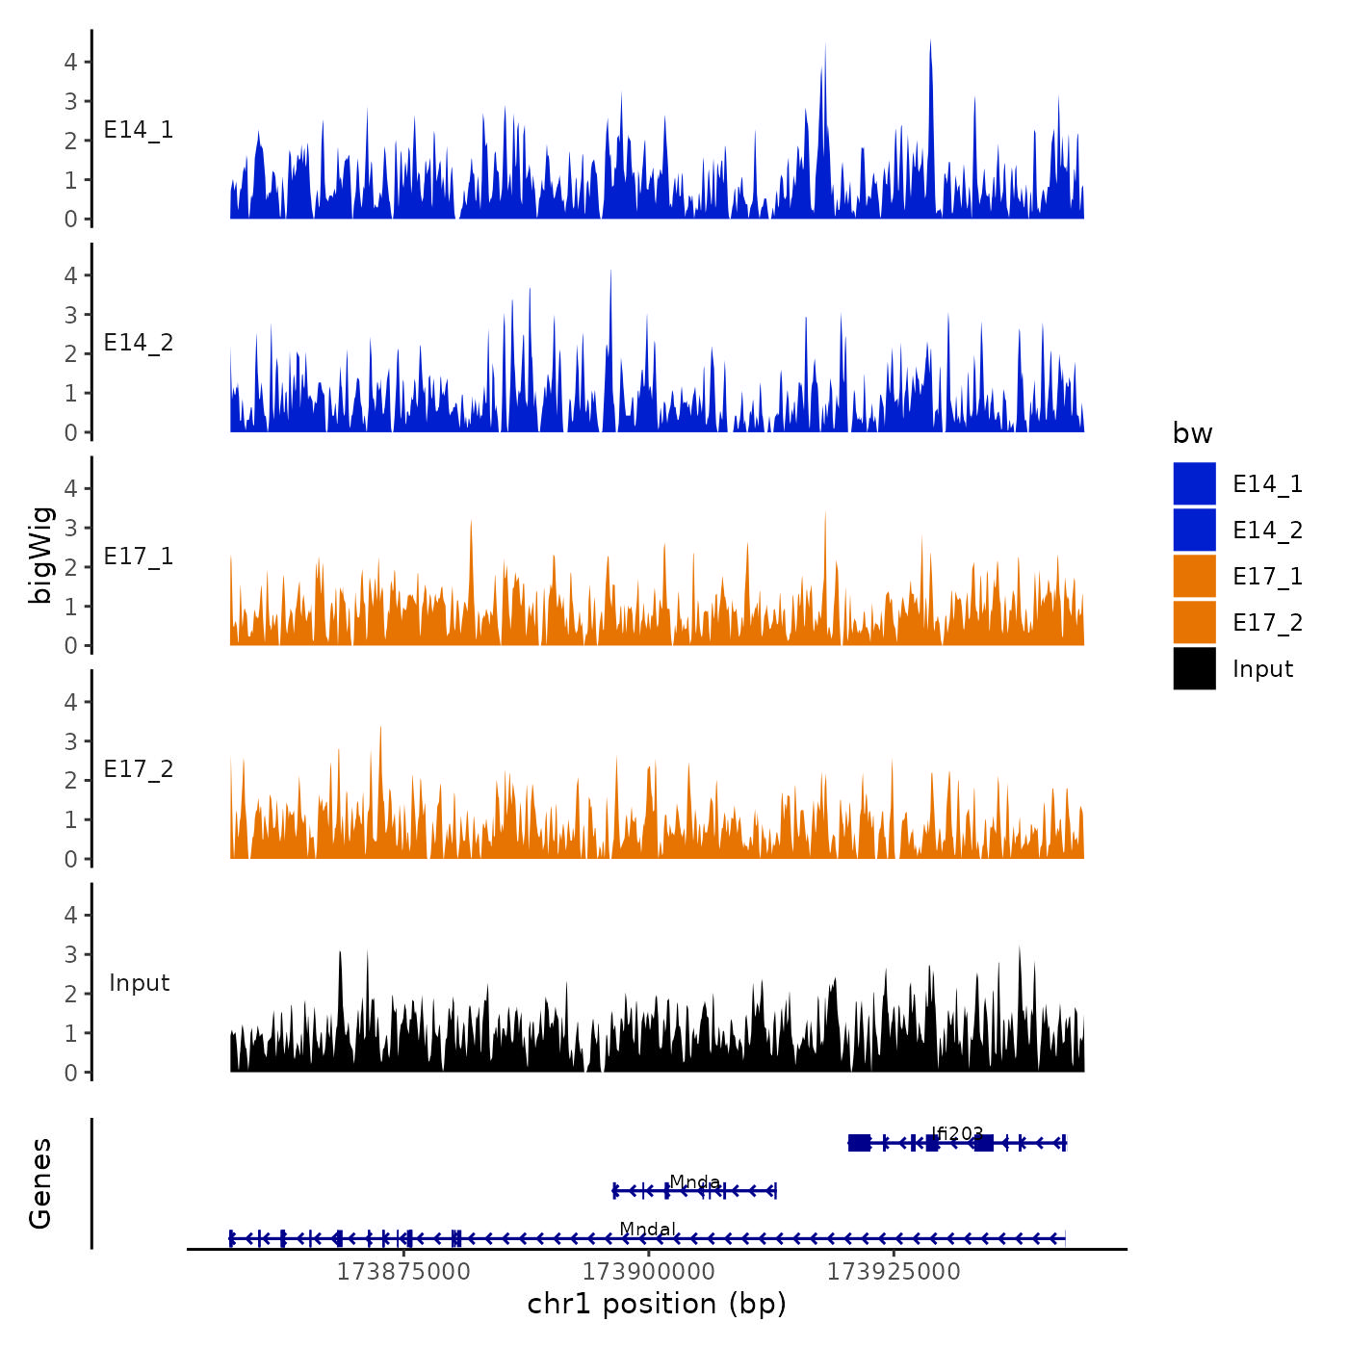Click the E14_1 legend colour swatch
[x=1194, y=483]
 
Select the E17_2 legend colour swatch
[x=1194, y=622]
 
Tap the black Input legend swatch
[x=1194, y=668]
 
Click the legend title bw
[x=1192, y=434]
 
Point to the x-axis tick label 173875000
[x=403, y=1272]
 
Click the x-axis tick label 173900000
[x=649, y=1272]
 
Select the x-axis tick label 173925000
[x=894, y=1272]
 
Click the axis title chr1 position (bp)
[x=657, y=1304]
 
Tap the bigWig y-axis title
[x=41, y=556]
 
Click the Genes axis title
[x=41, y=1183]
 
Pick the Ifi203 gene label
[x=957, y=1133]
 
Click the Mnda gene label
[x=694, y=1181]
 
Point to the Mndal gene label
[x=647, y=1229]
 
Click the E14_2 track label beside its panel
[x=139, y=343]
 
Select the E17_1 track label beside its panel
[x=139, y=557]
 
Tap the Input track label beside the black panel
[x=139, y=983]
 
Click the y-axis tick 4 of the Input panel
[x=71, y=915]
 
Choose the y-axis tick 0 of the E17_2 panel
[x=71, y=859]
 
